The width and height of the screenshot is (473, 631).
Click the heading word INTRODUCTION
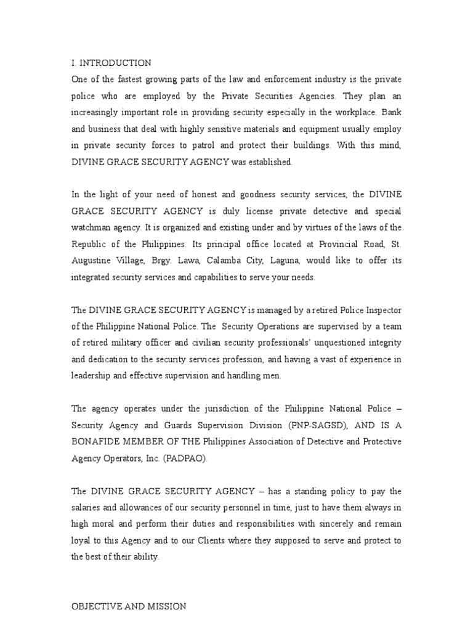pos(116,63)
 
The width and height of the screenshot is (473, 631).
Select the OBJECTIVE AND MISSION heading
pos(129,606)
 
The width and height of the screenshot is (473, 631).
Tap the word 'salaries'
pos(88,507)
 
